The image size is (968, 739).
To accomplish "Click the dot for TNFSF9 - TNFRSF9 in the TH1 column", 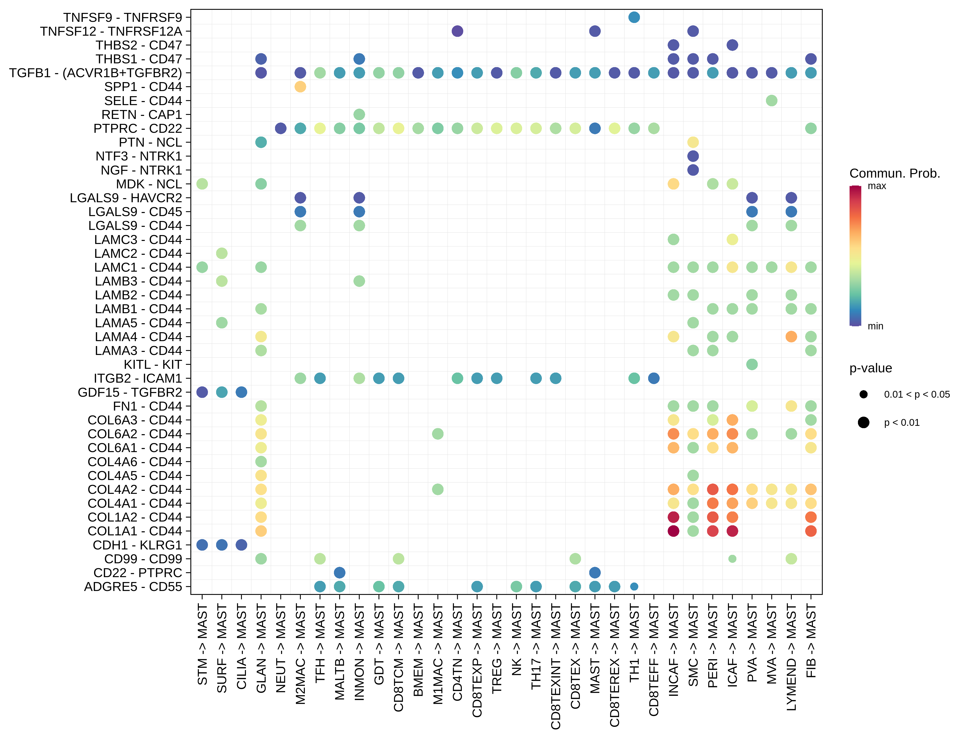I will (634, 17).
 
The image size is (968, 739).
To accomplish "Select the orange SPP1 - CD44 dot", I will (300, 87).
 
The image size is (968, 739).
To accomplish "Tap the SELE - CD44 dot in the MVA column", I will (771, 101).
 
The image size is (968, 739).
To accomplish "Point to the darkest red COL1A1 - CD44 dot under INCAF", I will (673, 531).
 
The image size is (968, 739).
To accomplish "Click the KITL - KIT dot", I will (752, 364).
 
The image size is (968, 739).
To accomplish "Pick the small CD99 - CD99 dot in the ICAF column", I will (732, 559).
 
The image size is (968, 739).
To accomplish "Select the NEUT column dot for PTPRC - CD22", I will (281, 129).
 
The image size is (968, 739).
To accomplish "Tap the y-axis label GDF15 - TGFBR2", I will (130, 392).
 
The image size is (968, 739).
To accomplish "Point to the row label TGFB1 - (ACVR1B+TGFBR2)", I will (96, 72).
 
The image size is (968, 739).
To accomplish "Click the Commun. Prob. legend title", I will (895, 173).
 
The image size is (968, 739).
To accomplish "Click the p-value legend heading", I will (870, 368).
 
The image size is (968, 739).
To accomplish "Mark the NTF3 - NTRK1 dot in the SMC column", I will (693, 156).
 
